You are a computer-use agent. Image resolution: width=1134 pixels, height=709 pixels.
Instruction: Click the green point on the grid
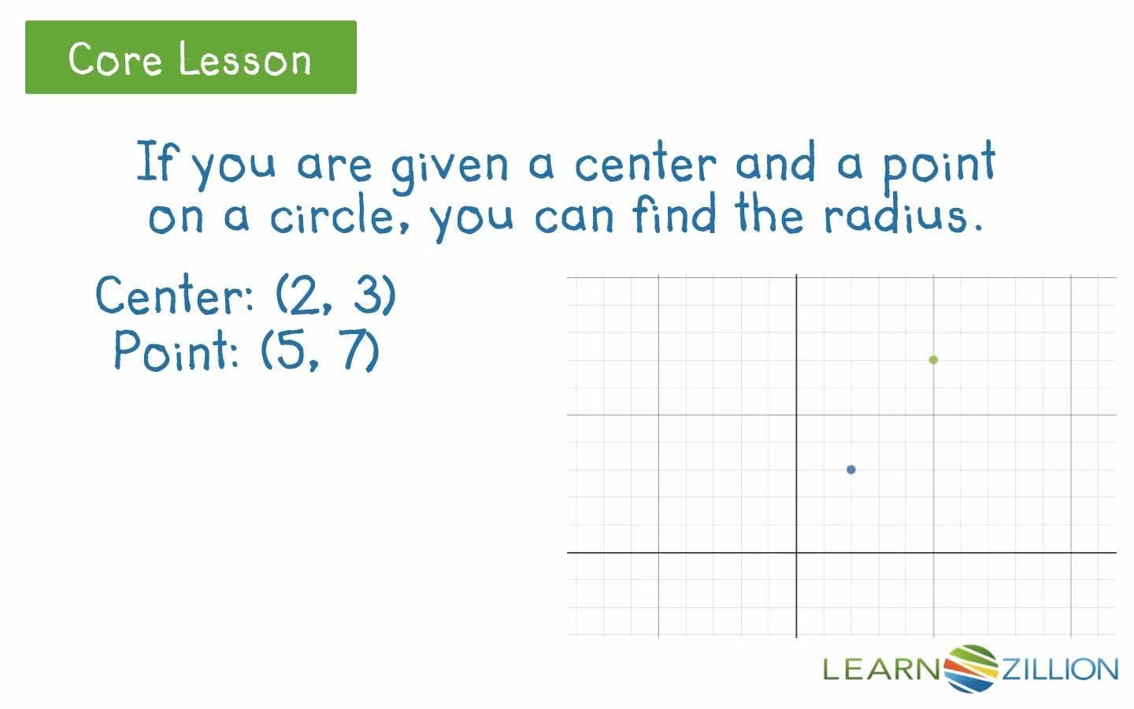pos(933,360)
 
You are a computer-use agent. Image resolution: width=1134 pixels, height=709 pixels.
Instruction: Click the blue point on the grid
pos(850,470)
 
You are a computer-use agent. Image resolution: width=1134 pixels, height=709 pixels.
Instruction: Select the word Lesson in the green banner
pos(245,58)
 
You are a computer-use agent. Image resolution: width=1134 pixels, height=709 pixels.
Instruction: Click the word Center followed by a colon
pos(172,295)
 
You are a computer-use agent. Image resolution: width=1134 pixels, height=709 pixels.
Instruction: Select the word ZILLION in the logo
pos(1059,670)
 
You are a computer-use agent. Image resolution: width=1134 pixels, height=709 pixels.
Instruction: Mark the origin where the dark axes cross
pos(796,552)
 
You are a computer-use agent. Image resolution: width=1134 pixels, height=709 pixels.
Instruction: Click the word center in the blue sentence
pos(646,164)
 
